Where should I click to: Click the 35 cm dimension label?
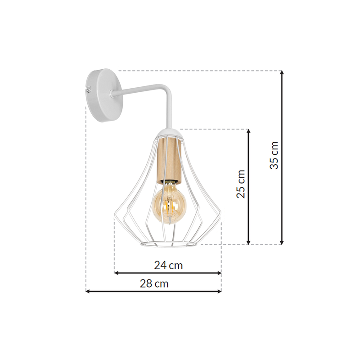click(274, 155)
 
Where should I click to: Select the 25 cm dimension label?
click(241, 184)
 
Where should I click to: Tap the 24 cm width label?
click(168, 265)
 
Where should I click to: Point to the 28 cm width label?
click(154, 283)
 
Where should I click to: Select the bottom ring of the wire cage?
click(169, 244)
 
